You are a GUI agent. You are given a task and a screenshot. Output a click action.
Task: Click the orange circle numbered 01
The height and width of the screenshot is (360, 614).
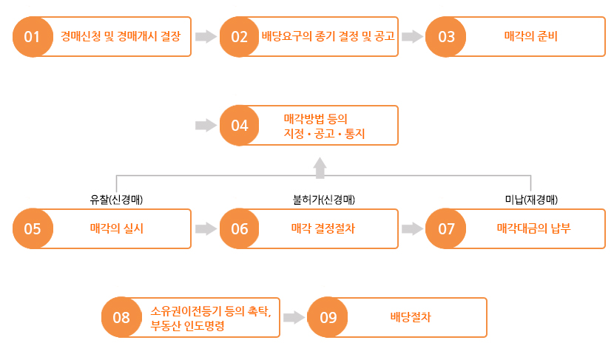pyautogui.click(x=33, y=37)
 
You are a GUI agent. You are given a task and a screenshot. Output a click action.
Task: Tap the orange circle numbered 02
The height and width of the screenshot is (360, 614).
pyautogui.click(x=239, y=37)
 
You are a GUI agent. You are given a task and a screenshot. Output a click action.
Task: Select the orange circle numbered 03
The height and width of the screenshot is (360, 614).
pyautogui.click(x=445, y=37)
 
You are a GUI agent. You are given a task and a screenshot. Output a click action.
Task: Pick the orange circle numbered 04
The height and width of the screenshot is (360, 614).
pyautogui.click(x=239, y=126)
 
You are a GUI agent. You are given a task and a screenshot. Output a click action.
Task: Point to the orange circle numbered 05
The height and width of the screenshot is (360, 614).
pyautogui.click(x=33, y=228)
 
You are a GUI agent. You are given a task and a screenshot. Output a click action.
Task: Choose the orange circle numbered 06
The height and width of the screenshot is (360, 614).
pyautogui.click(x=239, y=228)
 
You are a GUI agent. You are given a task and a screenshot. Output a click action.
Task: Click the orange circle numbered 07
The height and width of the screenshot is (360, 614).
pyautogui.click(x=445, y=228)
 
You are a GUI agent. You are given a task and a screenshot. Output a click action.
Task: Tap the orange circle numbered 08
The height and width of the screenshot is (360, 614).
pyautogui.click(x=121, y=317)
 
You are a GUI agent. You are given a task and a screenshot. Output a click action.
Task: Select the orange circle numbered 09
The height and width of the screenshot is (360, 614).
pyautogui.click(x=328, y=317)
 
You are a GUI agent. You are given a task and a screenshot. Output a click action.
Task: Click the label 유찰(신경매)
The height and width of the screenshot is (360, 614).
pyautogui.click(x=116, y=200)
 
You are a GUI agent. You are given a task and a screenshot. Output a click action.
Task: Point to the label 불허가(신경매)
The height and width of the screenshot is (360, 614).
pyautogui.click(x=324, y=200)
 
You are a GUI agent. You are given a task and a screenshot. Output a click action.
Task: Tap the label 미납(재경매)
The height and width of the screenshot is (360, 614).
pyautogui.click(x=531, y=200)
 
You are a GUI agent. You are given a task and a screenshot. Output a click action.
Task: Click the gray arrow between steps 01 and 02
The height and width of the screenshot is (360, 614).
pyautogui.click(x=206, y=36)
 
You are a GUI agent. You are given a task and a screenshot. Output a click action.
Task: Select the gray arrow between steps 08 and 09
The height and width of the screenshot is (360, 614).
pyautogui.click(x=294, y=317)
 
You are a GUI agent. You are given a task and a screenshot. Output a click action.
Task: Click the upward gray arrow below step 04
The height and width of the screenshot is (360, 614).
pyautogui.click(x=320, y=168)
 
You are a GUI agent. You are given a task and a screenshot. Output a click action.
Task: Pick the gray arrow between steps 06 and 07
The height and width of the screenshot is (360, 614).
pyautogui.click(x=412, y=228)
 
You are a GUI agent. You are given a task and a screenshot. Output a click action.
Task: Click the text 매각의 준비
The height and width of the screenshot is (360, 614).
pyautogui.click(x=530, y=36)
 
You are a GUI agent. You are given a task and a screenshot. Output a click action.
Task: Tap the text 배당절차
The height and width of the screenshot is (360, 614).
pyautogui.click(x=411, y=317)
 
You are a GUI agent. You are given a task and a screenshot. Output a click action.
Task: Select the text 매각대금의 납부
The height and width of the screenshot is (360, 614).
pyautogui.click(x=533, y=228)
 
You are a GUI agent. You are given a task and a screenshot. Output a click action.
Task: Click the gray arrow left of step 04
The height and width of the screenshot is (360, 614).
pyautogui.click(x=206, y=125)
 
